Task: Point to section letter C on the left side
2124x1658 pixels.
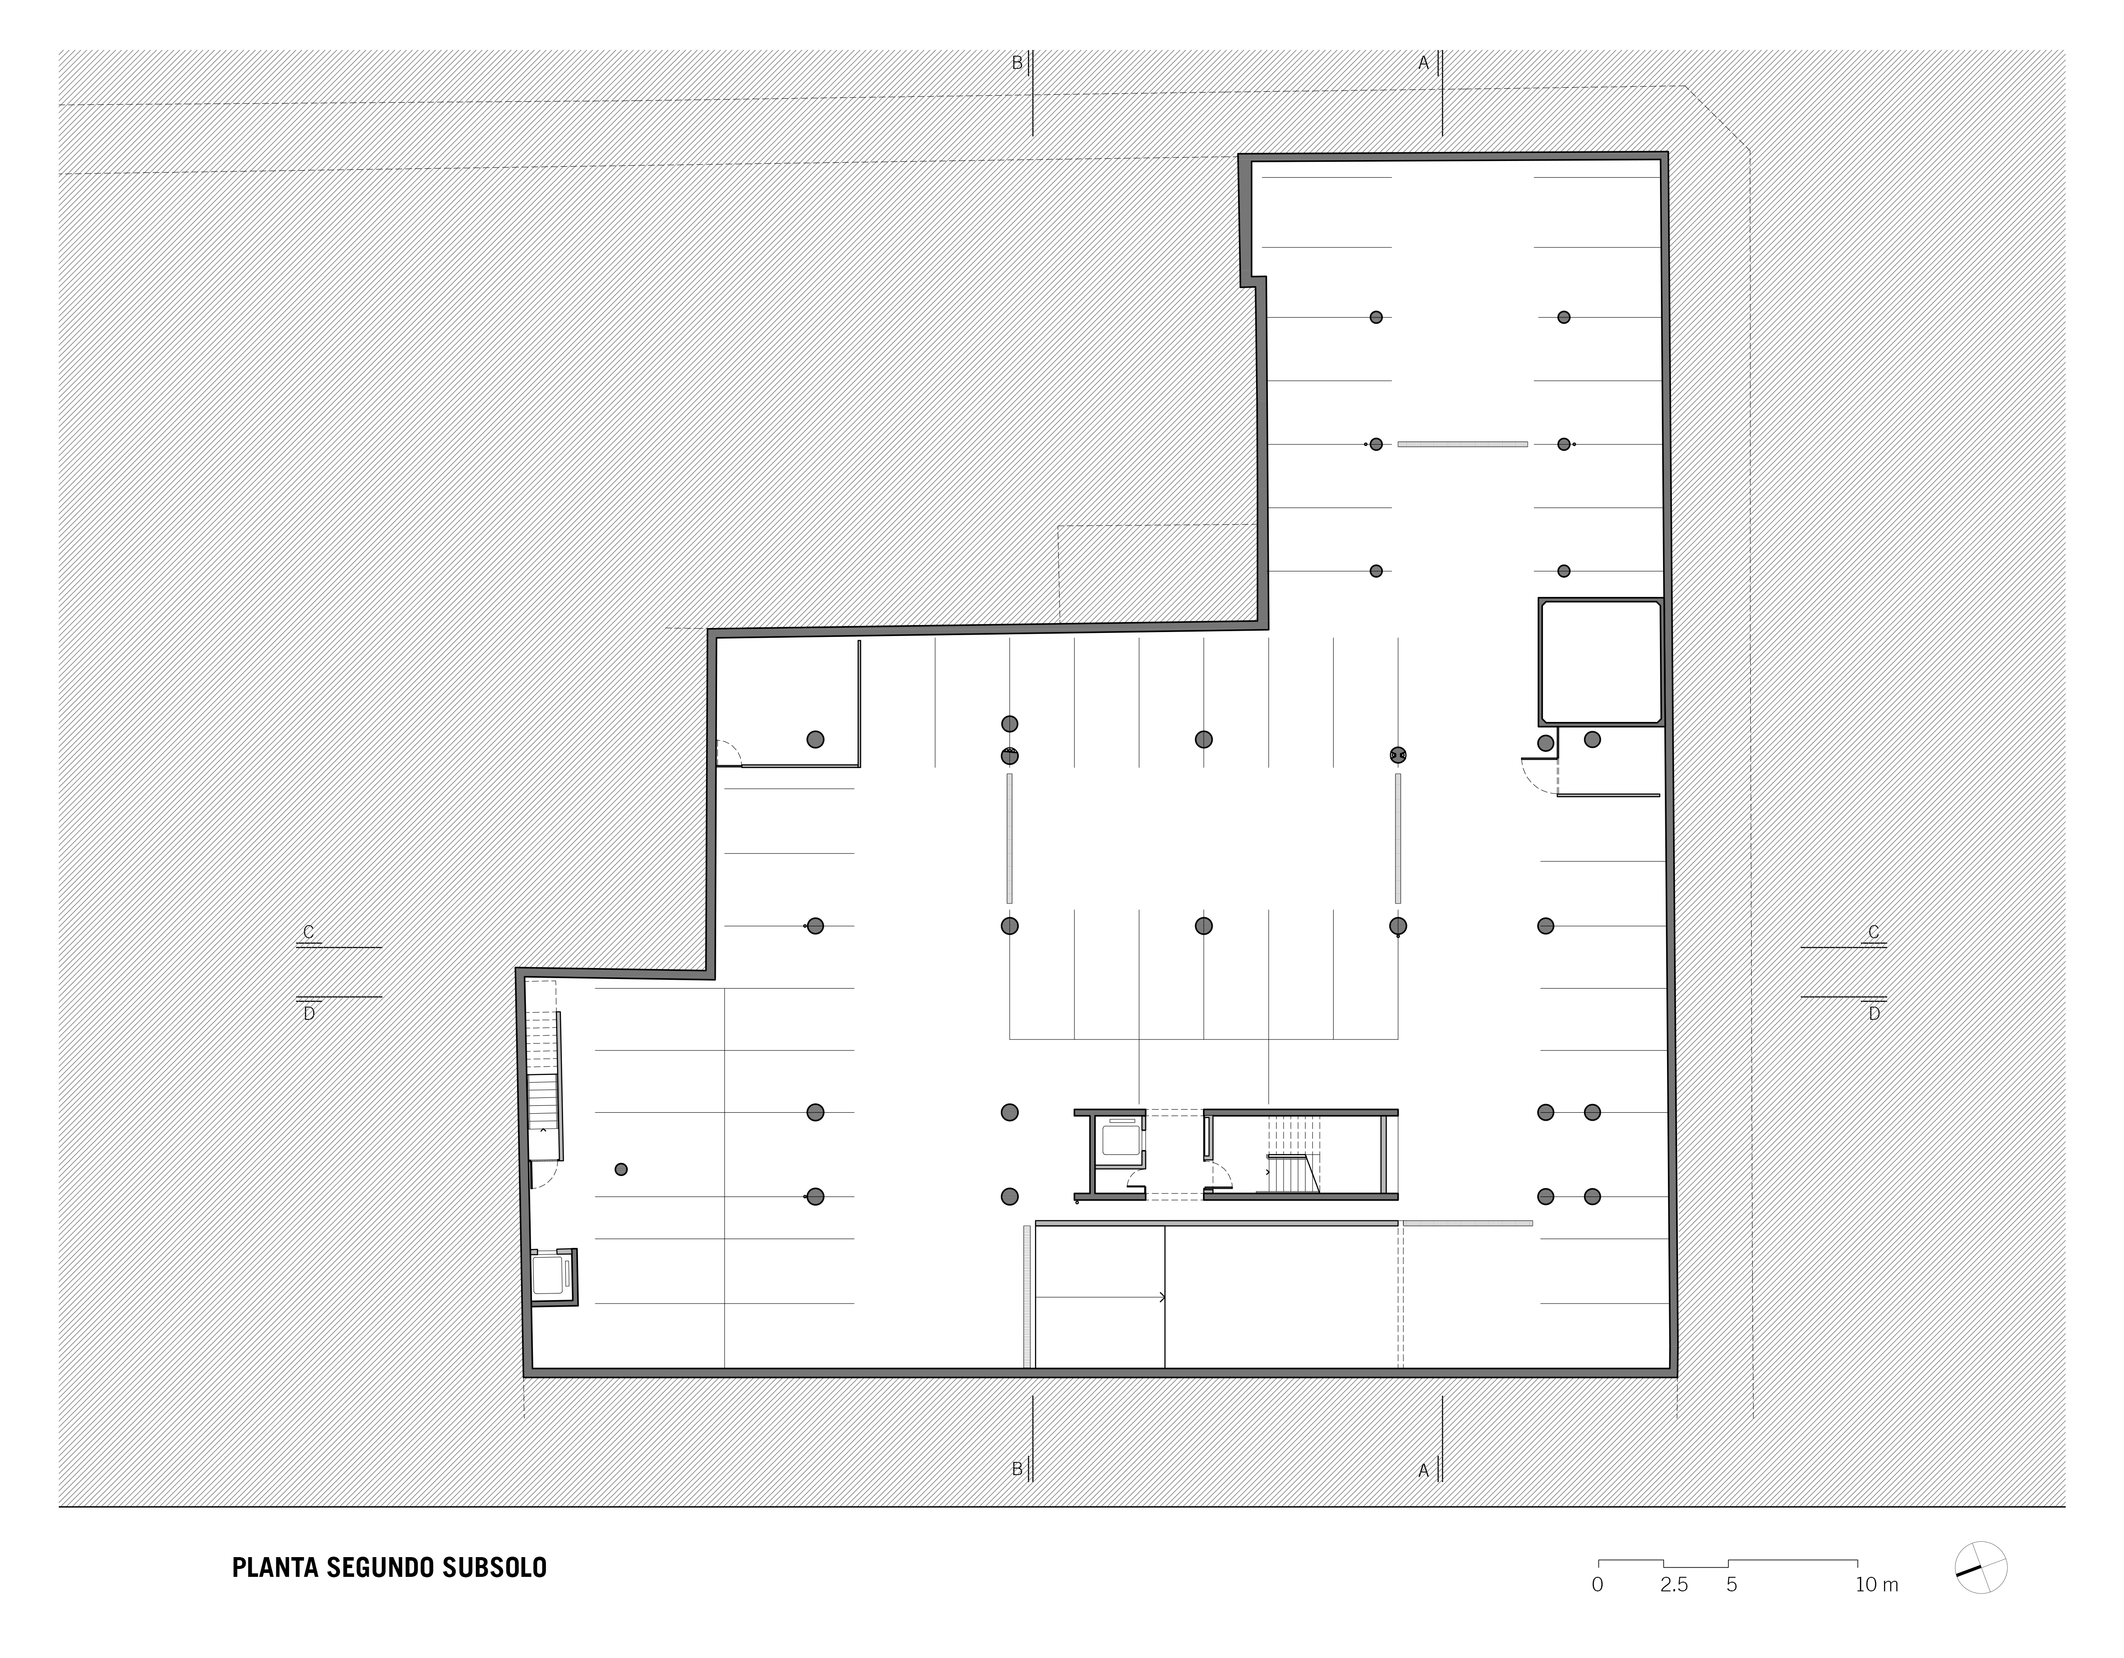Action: (308, 932)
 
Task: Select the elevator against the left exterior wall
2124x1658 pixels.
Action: (551, 1276)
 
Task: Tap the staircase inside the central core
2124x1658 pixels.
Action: (1292, 1154)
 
